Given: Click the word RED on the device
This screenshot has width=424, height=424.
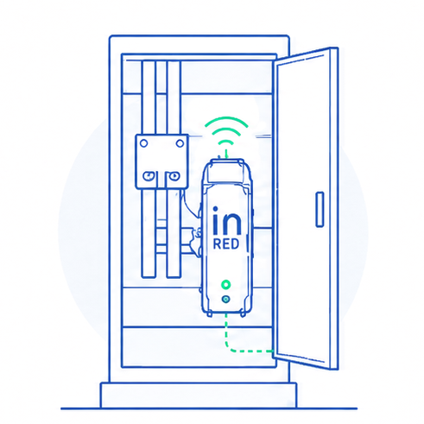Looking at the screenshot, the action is coord(226,244).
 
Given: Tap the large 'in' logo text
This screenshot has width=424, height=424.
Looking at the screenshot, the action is coord(227,220).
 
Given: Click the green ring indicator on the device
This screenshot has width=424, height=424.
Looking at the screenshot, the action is coord(226,285).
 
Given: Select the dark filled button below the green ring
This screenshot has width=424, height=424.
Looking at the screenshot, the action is coord(226,300).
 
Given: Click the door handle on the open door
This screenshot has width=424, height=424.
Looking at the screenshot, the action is coord(320,209).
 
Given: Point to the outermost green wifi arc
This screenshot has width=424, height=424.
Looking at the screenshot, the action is coord(226,118).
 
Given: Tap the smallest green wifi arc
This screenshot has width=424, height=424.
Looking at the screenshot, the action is coord(226,141).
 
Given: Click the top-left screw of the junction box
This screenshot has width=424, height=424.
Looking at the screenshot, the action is coord(143,143).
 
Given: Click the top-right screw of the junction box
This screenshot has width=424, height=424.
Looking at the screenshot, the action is coord(180,143).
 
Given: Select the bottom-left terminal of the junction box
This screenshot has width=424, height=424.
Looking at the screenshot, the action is coord(149,175).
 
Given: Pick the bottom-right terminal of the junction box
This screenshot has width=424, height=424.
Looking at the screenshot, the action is coord(174,175).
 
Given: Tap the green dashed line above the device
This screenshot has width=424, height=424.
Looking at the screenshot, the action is coord(226,153).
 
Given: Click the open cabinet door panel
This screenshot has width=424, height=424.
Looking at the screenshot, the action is coord(305,208).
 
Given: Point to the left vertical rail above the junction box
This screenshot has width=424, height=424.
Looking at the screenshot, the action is coord(149,98).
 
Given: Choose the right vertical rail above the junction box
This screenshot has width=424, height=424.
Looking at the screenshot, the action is coord(174,98).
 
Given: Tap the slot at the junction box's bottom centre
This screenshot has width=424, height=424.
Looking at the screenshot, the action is coord(161,180).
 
